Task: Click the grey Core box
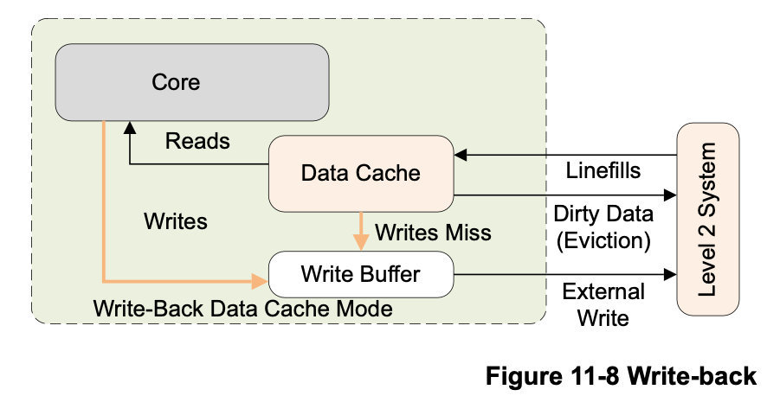(x=191, y=82)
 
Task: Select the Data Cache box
(x=360, y=173)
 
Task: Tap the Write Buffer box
(x=360, y=274)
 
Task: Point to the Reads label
(x=197, y=141)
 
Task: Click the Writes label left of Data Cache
(x=176, y=221)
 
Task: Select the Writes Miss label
(x=433, y=232)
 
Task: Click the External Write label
(x=603, y=303)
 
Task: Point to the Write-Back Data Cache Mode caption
(x=242, y=308)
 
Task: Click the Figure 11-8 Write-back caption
(x=621, y=376)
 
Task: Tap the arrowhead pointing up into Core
(x=129, y=127)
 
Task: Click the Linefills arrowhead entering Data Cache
(x=461, y=156)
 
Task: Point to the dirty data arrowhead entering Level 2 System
(x=670, y=195)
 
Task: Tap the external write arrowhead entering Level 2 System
(x=670, y=275)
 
